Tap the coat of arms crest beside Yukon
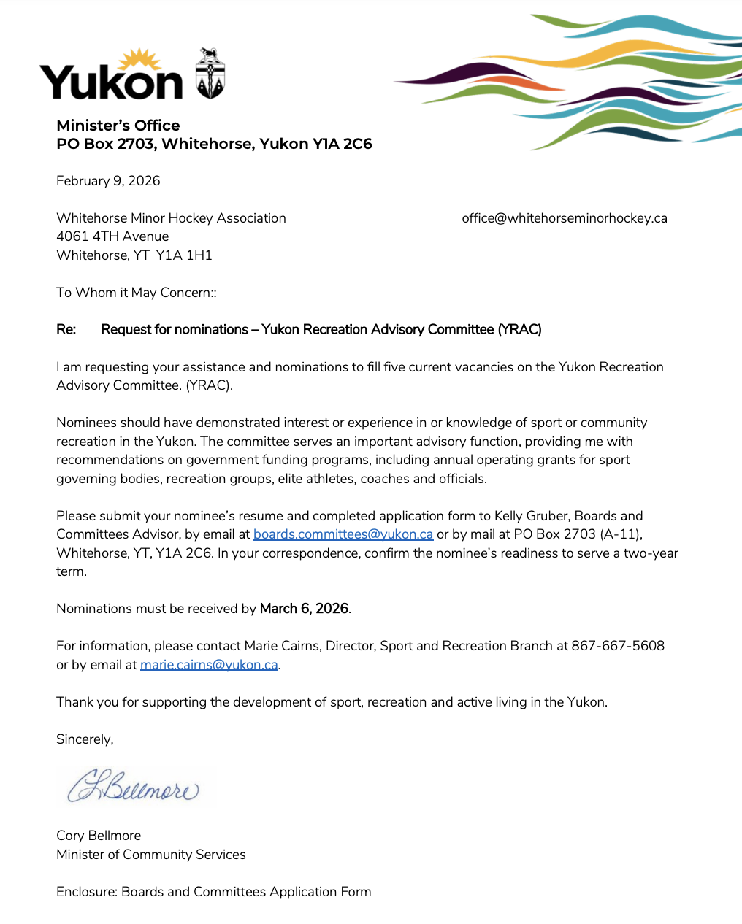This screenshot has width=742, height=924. click(x=210, y=74)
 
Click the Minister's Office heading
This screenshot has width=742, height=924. click(x=118, y=126)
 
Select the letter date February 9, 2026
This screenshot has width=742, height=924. click(x=108, y=181)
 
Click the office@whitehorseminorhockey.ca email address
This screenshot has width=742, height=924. click(x=565, y=218)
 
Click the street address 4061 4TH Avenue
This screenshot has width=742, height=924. click(x=112, y=236)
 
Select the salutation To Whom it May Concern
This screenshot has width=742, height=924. click(x=136, y=293)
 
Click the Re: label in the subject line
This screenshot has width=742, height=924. click(x=66, y=330)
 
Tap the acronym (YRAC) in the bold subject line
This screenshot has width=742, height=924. click(x=519, y=330)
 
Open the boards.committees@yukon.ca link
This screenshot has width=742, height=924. click(x=343, y=534)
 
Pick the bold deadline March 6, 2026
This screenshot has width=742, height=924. click(x=304, y=609)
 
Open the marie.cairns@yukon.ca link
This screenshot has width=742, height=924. click(x=209, y=665)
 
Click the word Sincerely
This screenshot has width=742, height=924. click(x=85, y=739)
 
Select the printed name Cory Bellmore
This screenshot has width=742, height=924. click(x=99, y=836)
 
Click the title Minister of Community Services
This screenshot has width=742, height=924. click(x=151, y=855)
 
